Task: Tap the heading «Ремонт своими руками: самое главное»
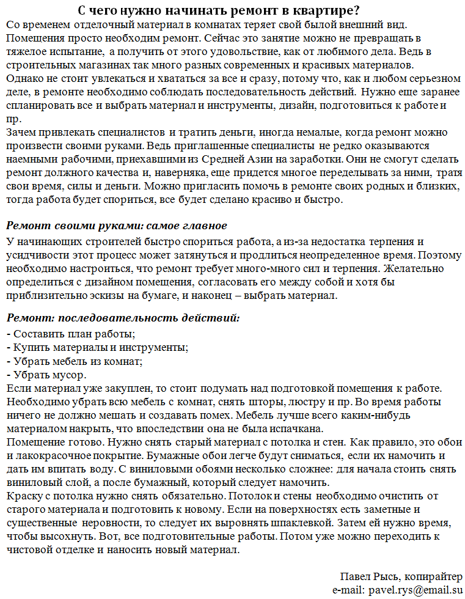[x=116, y=226]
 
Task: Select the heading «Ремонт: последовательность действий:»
[x=123, y=318]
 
